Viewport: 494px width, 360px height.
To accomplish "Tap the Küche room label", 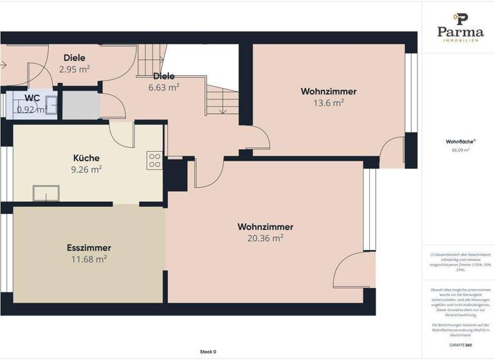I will tap(86, 158).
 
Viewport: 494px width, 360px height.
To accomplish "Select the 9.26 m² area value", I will tap(86, 170).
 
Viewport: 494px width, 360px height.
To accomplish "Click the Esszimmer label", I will tap(89, 248).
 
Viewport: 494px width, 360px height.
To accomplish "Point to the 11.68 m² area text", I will tap(89, 259).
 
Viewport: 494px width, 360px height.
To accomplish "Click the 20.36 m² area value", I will tap(265, 238).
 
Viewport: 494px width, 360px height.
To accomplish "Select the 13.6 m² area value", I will tap(328, 103).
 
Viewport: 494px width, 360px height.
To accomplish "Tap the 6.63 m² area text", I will tap(163, 88).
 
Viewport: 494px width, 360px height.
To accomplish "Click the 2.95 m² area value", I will tap(75, 69).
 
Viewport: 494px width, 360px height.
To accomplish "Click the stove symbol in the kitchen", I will tap(154, 160).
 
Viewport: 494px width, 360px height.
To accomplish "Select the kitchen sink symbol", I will tap(46, 192).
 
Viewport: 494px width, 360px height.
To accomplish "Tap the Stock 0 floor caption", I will tap(208, 352).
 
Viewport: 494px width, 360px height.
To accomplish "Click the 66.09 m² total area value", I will tap(460, 150).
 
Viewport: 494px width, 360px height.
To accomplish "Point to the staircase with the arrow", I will tap(222, 100).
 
